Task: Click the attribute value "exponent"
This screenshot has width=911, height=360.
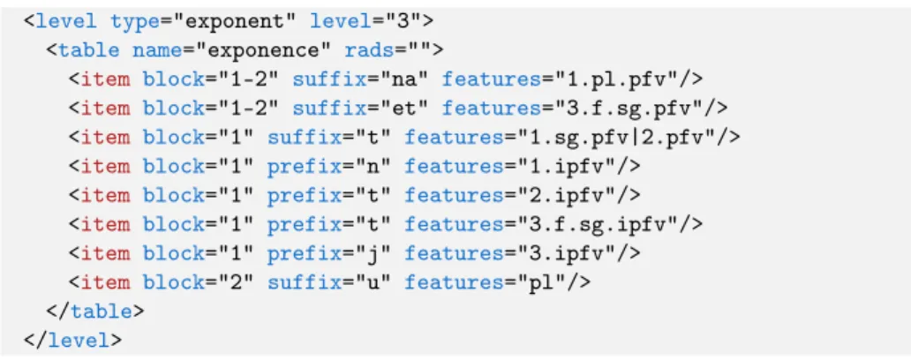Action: (237, 21)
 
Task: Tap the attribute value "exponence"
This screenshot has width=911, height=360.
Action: (264, 50)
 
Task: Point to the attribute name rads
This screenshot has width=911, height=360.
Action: (369, 50)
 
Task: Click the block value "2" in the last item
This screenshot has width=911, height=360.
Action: (236, 282)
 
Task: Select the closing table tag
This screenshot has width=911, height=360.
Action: (95, 311)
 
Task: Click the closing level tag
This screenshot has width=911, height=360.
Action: (72, 341)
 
